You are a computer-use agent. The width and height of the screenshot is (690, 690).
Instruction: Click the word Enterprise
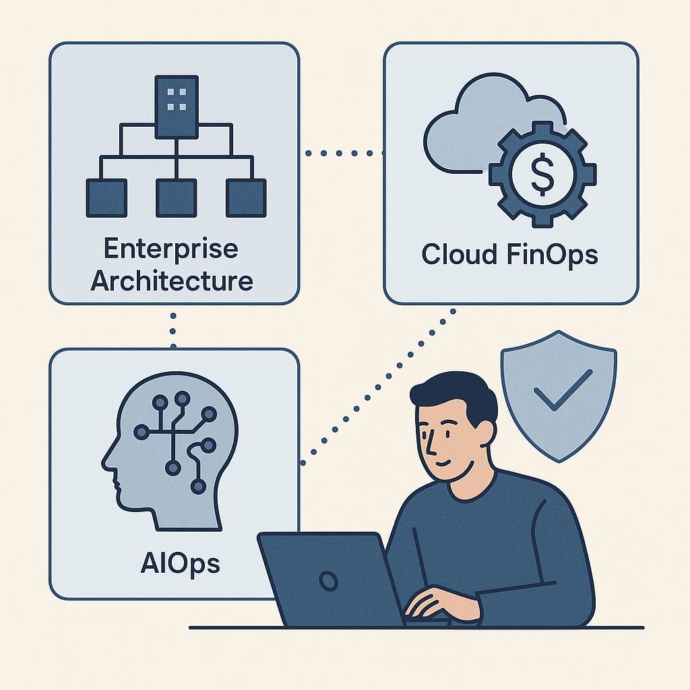(171, 249)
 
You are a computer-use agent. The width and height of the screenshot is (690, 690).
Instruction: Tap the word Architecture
(172, 281)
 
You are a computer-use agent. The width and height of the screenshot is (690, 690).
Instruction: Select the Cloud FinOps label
(509, 255)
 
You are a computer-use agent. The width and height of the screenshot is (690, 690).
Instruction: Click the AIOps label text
(181, 564)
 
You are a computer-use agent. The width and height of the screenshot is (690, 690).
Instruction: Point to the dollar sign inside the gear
(542, 173)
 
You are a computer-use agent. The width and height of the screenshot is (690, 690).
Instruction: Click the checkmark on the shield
(563, 389)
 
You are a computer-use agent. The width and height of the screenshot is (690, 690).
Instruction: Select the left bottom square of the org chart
(106, 197)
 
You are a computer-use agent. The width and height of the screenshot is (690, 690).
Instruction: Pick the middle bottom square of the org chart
(177, 197)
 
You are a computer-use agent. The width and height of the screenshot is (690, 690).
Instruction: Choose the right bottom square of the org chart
(246, 197)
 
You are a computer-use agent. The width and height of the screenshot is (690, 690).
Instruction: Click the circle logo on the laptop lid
(328, 581)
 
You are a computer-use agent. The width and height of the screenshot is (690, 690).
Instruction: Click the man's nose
(429, 445)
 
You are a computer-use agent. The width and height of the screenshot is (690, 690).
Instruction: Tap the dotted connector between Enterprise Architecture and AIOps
(173, 331)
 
